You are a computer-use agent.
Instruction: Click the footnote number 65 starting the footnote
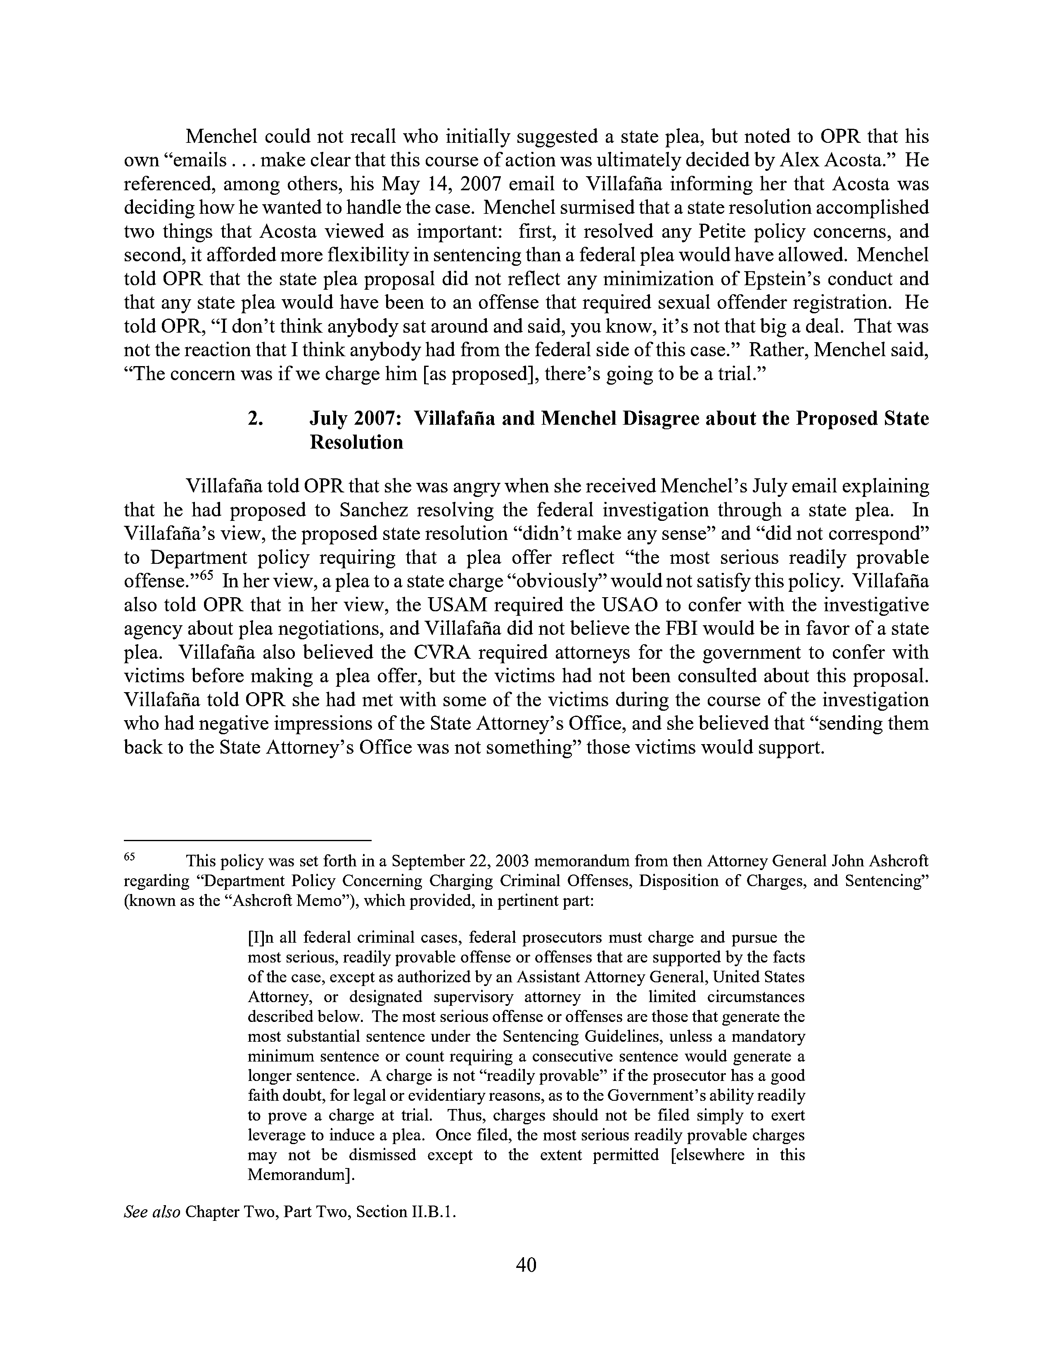(130, 857)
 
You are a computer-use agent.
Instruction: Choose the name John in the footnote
(847, 861)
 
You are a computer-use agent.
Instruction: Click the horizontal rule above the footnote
(248, 840)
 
